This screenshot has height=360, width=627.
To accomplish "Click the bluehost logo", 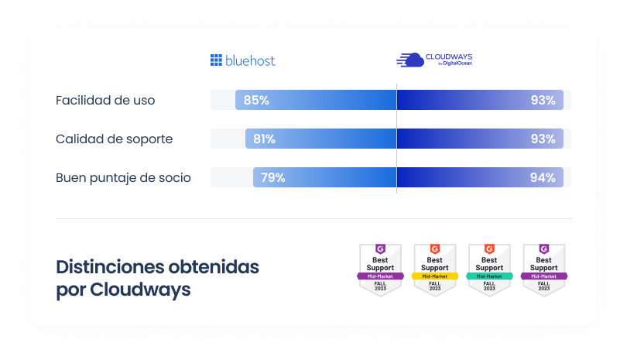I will (243, 60).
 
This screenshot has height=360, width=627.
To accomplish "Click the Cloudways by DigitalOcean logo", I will (434, 60).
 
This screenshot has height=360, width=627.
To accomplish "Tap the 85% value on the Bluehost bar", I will (256, 100).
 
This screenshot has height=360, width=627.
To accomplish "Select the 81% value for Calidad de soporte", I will (264, 139).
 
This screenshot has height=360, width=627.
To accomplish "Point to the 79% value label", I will (272, 178).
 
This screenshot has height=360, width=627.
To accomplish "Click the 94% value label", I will (543, 178).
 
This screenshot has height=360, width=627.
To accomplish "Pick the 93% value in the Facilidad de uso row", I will (543, 100).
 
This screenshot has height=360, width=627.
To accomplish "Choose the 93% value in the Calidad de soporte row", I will (543, 139).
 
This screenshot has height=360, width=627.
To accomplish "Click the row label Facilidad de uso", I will (105, 101).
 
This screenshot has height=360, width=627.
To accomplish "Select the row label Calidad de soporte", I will (114, 139).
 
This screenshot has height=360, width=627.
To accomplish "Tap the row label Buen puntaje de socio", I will (123, 178).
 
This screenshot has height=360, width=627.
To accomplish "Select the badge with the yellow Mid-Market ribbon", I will (435, 269).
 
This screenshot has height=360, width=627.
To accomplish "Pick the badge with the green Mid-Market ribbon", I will (489, 269).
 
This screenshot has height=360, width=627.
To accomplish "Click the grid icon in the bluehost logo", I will (216, 60).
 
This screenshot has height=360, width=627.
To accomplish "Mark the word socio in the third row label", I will (174, 178).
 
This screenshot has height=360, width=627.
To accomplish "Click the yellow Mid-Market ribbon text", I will (435, 276).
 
